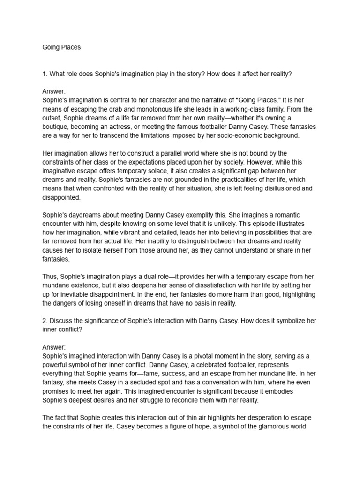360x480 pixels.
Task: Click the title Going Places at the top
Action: (61, 47)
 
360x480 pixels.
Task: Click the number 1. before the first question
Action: (45, 74)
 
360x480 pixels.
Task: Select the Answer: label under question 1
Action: (54, 91)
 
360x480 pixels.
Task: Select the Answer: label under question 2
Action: (54, 347)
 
